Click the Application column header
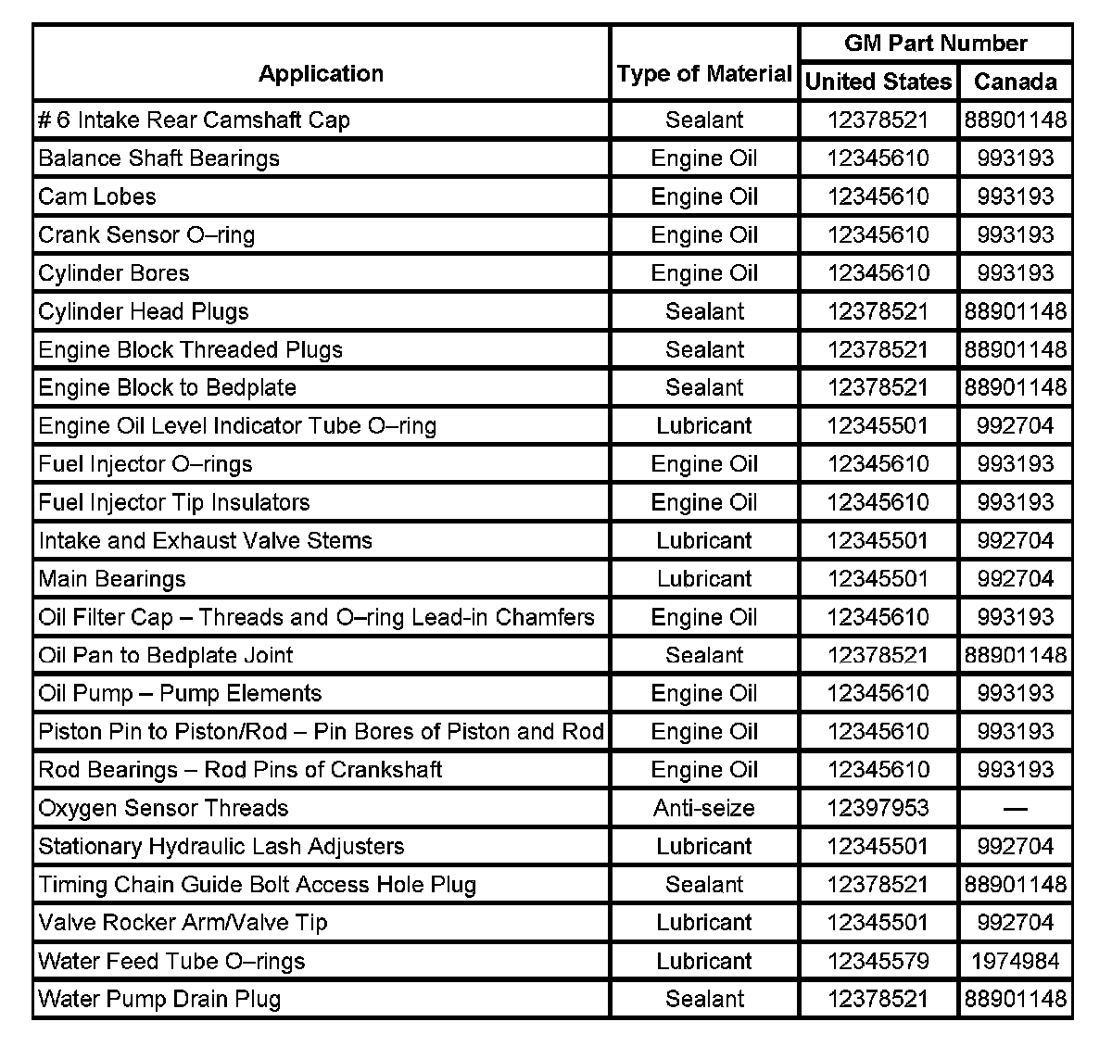tap(321, 74)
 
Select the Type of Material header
tap(704, 74)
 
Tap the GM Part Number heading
tap(935, 44)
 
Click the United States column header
tap(878, 82)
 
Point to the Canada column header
tap(1015, 82)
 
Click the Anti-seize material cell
tap(704, 808)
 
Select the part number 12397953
tap(878, 808)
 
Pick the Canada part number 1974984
tap(1015, 961)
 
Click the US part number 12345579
tap(878, 961)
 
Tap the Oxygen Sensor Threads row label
tap(163, 808)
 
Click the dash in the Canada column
tap(1015, 809)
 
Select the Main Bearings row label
tap(112, 579)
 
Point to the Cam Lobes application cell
tap(97, 196)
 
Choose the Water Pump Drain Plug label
tap(159, 999)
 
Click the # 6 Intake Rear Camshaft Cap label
tap(194, 120)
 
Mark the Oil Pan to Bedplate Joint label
tap(166, 655)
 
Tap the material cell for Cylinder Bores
tap(704, 273)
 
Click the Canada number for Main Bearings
tap(1015, 579)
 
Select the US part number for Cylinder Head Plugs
tap(878, 311)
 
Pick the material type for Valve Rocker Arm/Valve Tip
tap(704, 923)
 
